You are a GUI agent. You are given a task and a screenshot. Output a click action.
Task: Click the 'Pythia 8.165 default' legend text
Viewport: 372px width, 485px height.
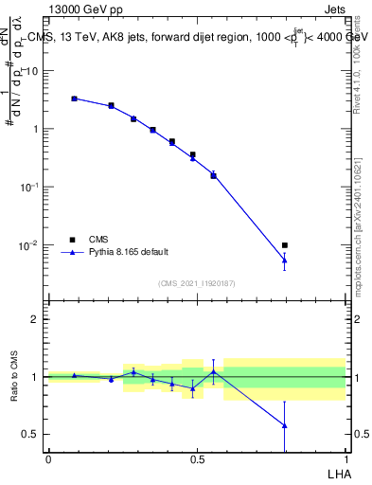coord(129,252)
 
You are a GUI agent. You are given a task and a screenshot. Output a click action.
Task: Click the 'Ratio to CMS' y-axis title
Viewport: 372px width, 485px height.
coord(14,376)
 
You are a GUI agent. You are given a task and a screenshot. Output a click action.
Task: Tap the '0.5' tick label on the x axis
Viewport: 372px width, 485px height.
coord(197,458)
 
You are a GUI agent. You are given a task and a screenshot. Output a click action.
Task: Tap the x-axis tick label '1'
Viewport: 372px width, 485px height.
coord(345,458)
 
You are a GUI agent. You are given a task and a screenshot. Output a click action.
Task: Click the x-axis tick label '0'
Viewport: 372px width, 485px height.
coord(48,458)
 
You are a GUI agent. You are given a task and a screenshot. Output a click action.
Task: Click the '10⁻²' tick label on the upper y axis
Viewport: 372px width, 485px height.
coord(31,245)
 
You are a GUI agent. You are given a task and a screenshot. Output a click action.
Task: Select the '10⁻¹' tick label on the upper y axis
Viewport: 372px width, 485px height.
coord(31,187)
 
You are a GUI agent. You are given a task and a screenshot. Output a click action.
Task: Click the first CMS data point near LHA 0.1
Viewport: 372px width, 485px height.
coord(74,99)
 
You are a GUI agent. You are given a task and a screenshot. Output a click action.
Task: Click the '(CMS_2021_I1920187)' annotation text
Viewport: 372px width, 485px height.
coord(196,284)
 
